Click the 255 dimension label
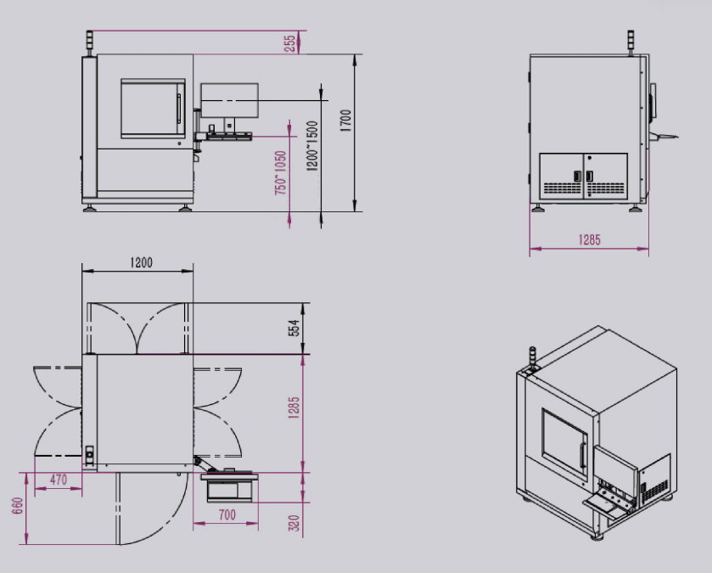(289, 43)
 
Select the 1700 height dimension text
(346, 121)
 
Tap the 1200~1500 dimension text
(312, 146)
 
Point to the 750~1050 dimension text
(281, 172)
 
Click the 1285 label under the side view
(590, 239)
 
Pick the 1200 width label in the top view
(141, 262)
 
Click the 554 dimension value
(294, 328)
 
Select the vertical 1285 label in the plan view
(294, 407)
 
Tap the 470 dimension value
(59, 480)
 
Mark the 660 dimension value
(18, 506)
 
